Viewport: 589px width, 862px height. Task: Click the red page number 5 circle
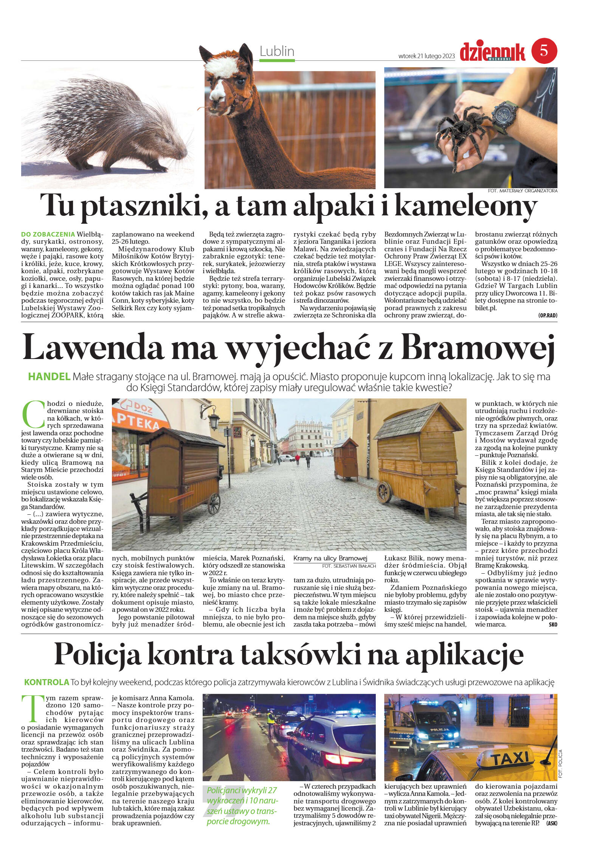pos(544,51)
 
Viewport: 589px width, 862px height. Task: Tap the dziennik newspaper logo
pos(492,52)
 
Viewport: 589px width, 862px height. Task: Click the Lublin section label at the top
pos(277,51)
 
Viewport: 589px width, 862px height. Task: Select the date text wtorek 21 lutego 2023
pos(426,56)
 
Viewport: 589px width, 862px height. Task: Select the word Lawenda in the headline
pos(94,347)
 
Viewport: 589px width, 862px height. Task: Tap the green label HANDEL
pos(49,376)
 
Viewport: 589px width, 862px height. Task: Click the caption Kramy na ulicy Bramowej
pos(330,558)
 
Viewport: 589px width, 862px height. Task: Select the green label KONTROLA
pos(46,682)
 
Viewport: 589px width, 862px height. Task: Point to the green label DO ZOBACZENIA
pos(48,234)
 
